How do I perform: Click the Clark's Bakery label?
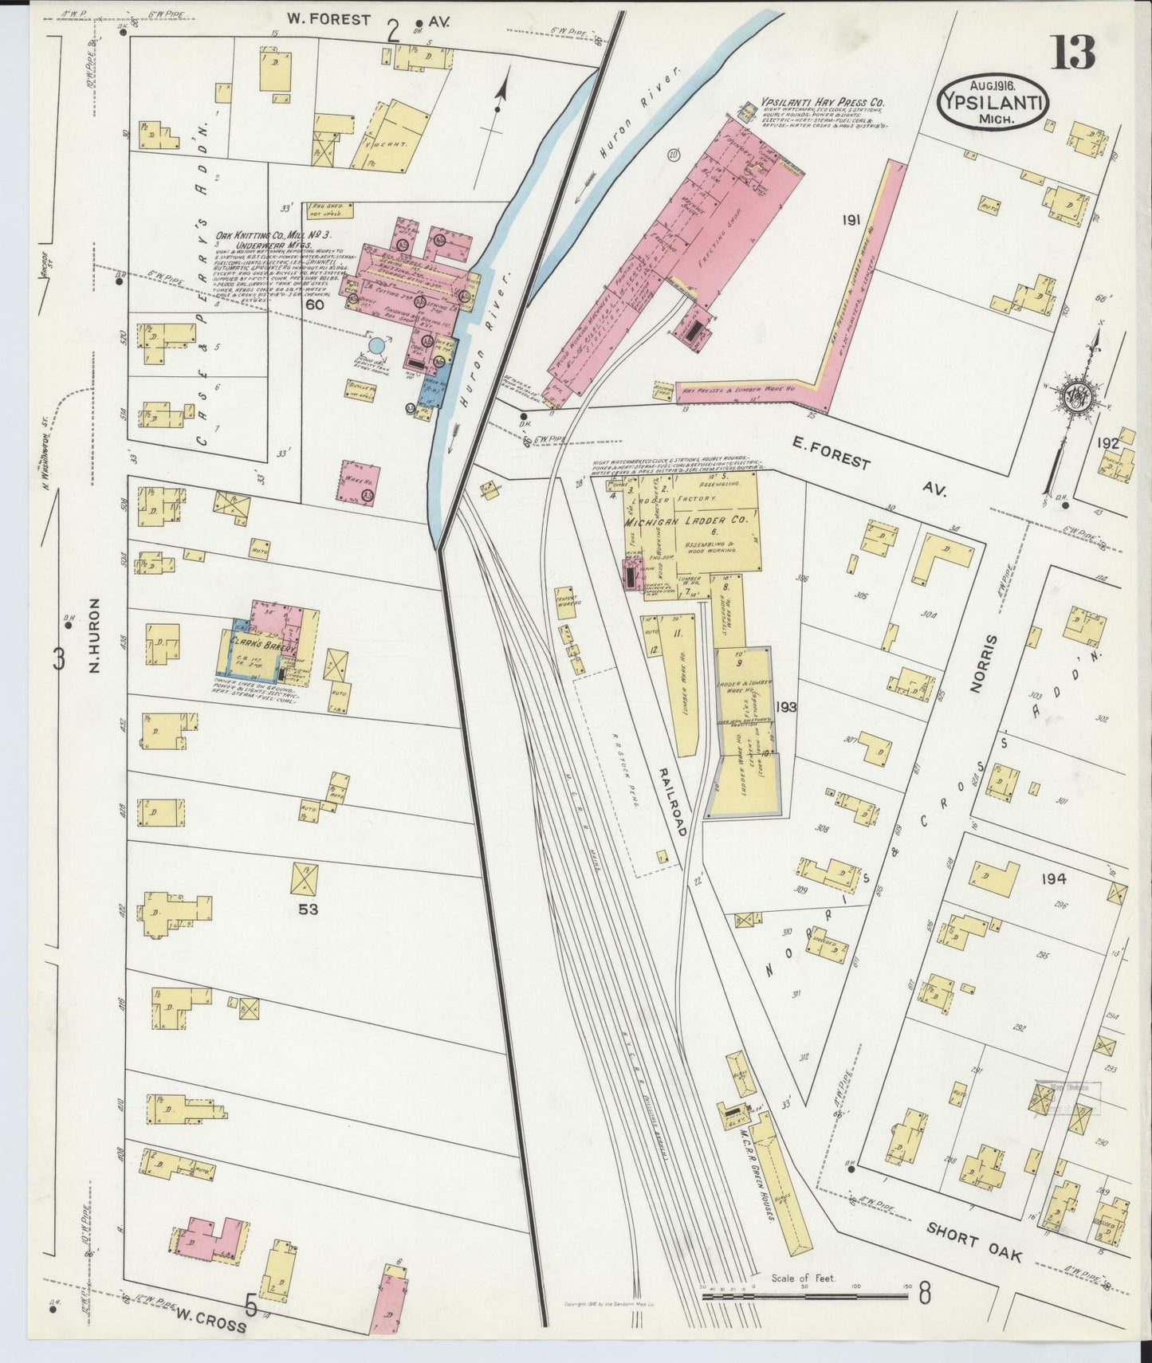262,644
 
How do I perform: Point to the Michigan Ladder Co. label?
686,520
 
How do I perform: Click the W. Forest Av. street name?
340,21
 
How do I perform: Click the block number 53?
308,907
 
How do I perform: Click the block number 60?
314,304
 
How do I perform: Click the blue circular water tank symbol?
376,346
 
